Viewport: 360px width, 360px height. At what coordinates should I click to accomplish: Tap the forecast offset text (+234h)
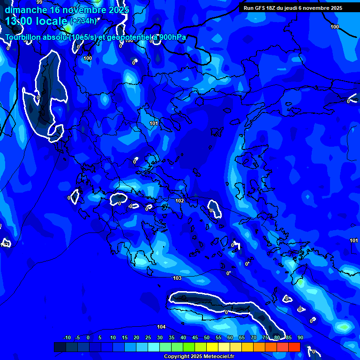pyautogui.click(x=83, y=21)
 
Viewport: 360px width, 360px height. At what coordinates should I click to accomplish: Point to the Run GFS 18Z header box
pyautogui.click(x=293, y=8)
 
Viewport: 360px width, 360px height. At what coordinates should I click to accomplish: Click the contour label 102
pyautogui.click(x=180, y=201)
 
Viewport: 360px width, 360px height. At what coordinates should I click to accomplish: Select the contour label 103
pyautogui.click(x=177, y=278)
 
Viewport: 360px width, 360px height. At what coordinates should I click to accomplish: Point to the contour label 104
pyautogui.click(x=161, y=327)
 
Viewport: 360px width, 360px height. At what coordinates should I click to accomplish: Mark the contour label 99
pyautogui.click(x=39, y=2)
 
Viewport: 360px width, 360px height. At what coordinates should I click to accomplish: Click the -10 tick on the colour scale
pyautogui.click(x=67, y=337)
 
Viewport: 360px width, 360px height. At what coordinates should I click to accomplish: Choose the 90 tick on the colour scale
pyautogui.click(x=300, y=337)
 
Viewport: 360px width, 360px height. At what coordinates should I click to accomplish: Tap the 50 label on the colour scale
pyautogui.click(x=206, y=337)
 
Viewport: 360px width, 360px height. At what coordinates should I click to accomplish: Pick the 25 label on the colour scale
pyautogui.click(x=148, y=337)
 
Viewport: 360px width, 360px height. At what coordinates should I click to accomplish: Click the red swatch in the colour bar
pyautogui.click(x=294, y=347)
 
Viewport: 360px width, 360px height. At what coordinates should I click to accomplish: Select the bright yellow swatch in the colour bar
pyautogui.click(x=212, y=347)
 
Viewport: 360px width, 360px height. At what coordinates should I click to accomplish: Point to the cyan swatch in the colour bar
pyautogui.click(x=153, y=347)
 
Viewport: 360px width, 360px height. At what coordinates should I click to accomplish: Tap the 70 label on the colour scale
pyautogui.click(x=253, y=337)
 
